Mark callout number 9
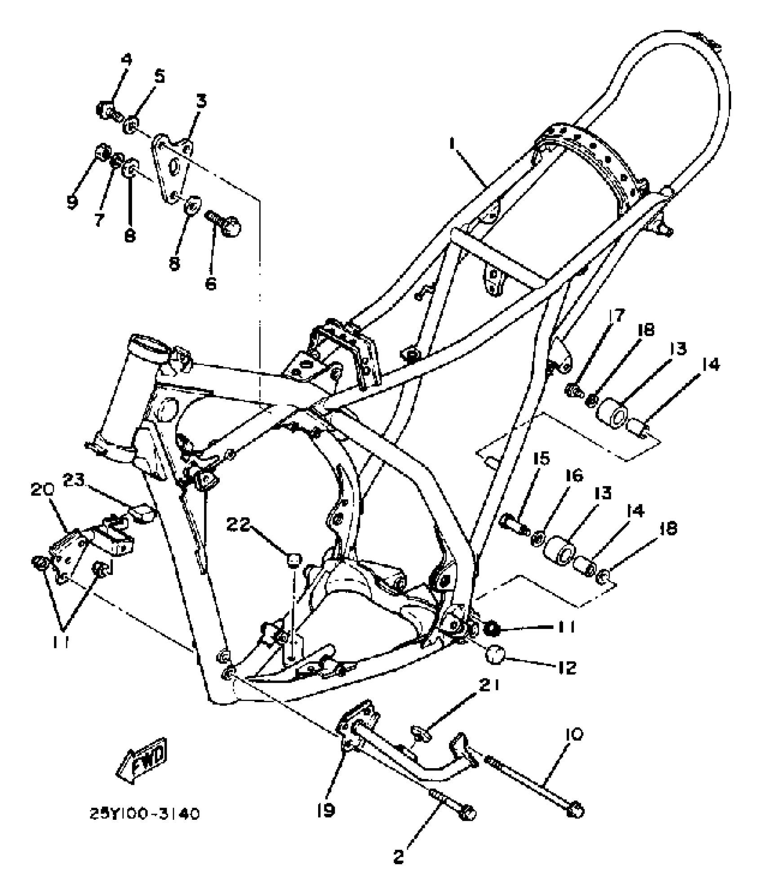pos(72,202)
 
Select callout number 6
pos(211,283)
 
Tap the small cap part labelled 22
pos(294,560)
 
